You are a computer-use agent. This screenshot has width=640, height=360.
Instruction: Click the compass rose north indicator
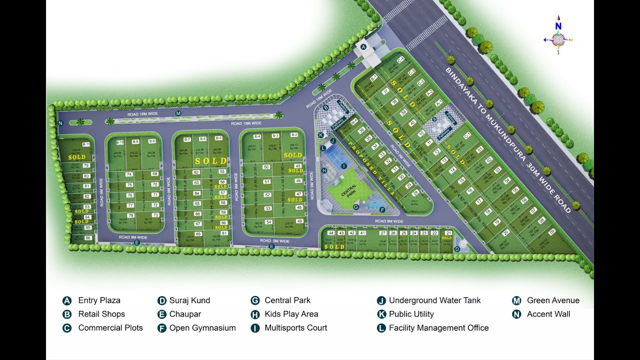pos(558,26)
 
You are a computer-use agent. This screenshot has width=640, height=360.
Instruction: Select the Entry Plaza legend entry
pos(99,300)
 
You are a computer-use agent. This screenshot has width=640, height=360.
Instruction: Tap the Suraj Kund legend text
pos(189,300)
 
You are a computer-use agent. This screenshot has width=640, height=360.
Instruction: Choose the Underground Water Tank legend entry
pos(434,300)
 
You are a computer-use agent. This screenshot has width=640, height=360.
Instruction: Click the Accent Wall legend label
pos(548,314)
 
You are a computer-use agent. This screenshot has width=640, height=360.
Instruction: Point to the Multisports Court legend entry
pos(295,328)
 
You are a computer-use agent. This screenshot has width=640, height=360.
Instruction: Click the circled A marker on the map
pos(363,46)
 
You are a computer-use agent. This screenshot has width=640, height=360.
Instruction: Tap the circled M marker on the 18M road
pos(178,114)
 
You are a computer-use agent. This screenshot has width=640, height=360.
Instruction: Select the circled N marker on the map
pos(60,123)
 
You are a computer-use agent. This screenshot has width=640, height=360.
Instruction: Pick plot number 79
pos(86,165)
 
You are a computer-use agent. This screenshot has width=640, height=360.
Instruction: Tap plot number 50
pos(266,167)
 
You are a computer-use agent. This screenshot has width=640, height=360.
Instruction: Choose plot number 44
pos(330,233)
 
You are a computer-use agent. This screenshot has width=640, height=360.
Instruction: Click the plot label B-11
pos(86,144)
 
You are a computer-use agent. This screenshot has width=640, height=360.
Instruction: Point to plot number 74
pos(129,174)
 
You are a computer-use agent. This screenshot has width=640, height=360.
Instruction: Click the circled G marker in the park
pos(356,206)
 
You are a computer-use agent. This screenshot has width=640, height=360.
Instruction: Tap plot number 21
pos(448,233)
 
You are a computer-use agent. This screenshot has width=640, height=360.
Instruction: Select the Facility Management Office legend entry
pos(438,328)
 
